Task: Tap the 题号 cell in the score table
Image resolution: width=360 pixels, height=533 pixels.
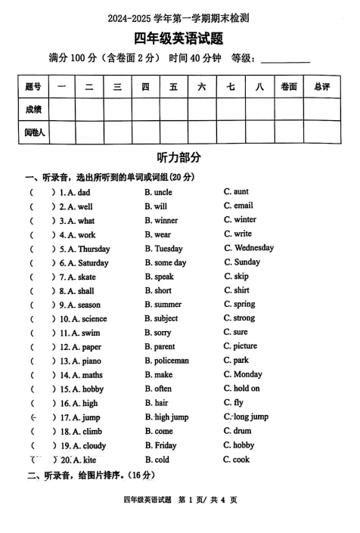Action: pyautogui.click(x=33, y=87)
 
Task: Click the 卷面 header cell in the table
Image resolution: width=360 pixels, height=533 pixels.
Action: pyautogui.click(x=288, y=87)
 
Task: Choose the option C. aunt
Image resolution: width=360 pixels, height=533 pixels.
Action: pyautogui.click(x=236, y=192)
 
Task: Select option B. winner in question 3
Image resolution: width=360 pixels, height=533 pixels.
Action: pyautogui.click(x=161, y=221)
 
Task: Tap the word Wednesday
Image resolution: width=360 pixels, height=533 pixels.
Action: pyautogui.click(x=254, y=248)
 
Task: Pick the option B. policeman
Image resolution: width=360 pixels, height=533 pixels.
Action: pyautogui.click(x=166, y=361)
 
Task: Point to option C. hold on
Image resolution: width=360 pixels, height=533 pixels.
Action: pyautogui.click(x=241, y=389)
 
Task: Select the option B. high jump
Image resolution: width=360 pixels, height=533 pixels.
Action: pyautogui.click(x=166, y=417)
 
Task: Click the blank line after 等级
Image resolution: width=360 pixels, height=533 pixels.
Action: pyautogui.click(x=285, y=59)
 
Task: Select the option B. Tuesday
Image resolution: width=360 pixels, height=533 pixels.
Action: pyautogui.click(x=163, y=249)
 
